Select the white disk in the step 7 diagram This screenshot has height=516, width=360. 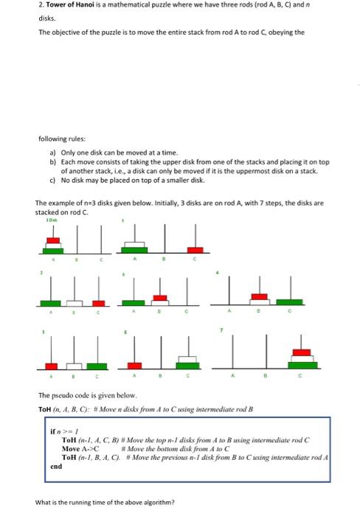click(299, 358)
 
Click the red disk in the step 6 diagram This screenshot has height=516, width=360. click(135, 365)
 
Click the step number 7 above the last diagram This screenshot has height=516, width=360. click(218, 331)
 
